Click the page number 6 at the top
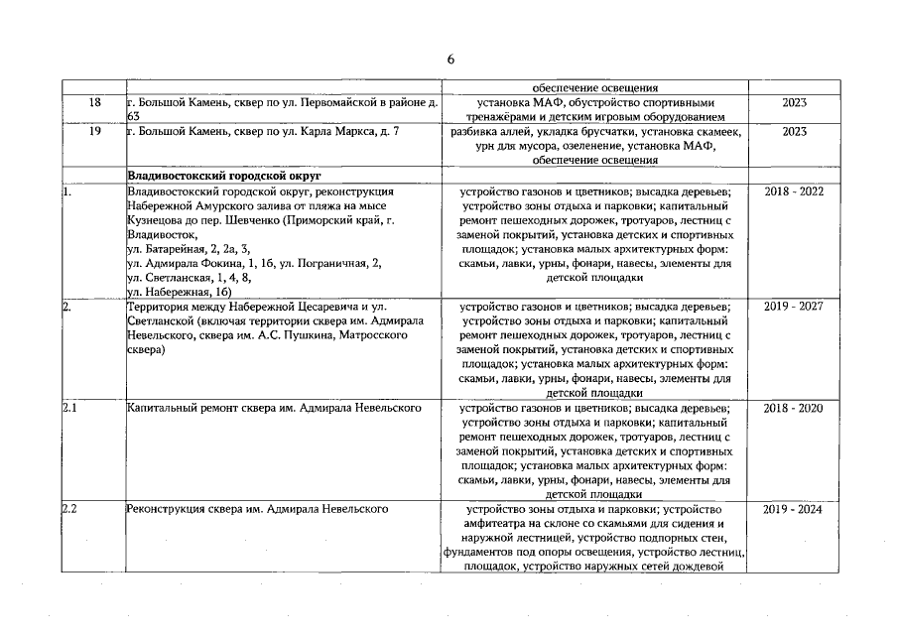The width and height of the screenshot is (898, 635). (x=450, y=60)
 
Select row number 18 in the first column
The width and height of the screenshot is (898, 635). (x=94, y=102)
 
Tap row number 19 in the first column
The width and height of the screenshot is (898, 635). (x=94, y=131)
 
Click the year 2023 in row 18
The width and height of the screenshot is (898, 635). (x=794, y=102)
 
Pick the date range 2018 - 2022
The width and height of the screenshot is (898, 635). (x=794, y=190)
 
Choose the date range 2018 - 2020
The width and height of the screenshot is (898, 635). (x=794, y=408)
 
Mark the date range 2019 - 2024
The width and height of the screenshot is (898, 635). (x=794, y=509)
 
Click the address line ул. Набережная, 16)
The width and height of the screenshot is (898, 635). (x=179, y=292)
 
